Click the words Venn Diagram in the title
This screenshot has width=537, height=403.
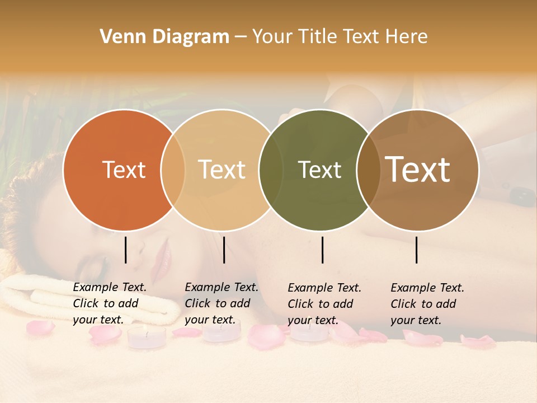pyautogui.click(x=164, y=37)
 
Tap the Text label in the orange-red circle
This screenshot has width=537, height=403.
pyautogui.click(x=124, y=170)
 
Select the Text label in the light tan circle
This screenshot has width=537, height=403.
pyautogui.click(x=222, y=170)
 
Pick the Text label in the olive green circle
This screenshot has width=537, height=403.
pyautogui.click(x=319, y=170)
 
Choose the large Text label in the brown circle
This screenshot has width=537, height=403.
pyautogui.click(x=418, y=170)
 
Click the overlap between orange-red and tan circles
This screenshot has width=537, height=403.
pyautogui.click(x=173, y=170)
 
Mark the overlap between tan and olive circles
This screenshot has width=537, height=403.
pyautogui.click(x=271, y=170)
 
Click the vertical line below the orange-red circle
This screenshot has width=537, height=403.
pyautogui.click(x=125, y=250)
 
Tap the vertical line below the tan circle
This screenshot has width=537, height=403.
pyautogui.click(x=224, y=250)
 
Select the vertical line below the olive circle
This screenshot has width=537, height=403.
pyautogui.click(x=322, y=250)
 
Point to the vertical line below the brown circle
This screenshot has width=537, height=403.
pyautogui.click(x=417, y=250)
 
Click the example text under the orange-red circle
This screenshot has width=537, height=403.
pyautogui.click(x=109, y=303)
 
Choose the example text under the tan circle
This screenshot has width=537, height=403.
pyautogui.click(x=221, y=303)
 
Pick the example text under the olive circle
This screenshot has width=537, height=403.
pyautogui.click(x=324, y=304)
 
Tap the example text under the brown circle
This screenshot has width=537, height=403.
pyautogui.click(x=427, y=304)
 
